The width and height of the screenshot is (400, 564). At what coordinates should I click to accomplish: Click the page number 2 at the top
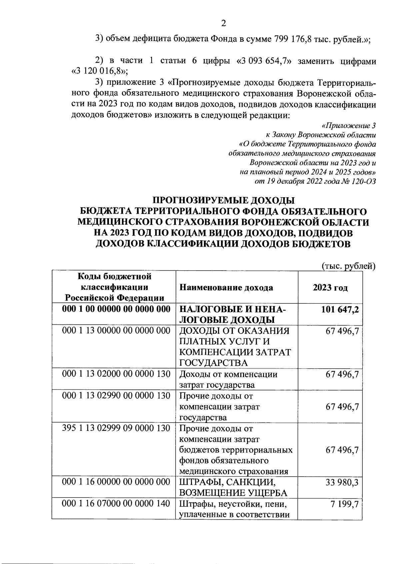click(223, 23)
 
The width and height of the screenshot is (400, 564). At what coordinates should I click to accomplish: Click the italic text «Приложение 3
click(349, 126)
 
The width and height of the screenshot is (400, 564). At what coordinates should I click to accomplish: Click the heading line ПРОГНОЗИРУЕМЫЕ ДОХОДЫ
click(223, 201)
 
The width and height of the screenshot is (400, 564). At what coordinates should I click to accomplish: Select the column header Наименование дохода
click(226, 288)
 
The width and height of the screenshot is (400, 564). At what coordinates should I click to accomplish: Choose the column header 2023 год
click(330, 288)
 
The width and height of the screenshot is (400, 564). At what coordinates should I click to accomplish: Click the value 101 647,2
click(340, 309)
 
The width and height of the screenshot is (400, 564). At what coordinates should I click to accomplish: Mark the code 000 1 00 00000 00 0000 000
click(116, 309)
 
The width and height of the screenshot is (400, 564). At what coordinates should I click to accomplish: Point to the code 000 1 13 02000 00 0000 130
click(116, 374)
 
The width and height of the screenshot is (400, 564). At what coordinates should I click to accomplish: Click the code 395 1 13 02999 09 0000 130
click(116, 428)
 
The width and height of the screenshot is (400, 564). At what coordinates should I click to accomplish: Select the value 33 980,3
click(342, 482)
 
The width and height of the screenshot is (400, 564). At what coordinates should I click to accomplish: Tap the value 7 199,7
click(344, 504)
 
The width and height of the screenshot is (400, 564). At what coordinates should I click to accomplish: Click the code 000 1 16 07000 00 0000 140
click(116, 504)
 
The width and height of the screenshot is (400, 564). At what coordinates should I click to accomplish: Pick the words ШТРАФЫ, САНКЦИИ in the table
click(228, 482)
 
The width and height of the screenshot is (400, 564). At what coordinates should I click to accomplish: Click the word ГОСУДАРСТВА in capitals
click(214, 363)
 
